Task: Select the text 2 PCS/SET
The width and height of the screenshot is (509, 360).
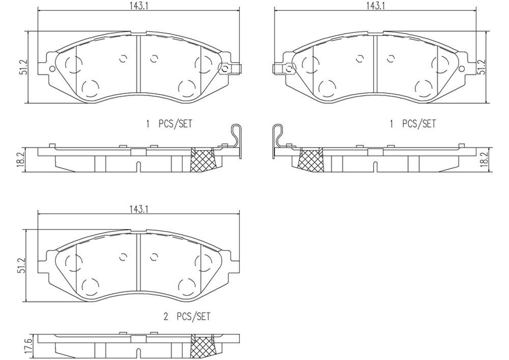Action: point(186,317)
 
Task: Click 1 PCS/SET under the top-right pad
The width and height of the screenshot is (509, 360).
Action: point(413,124)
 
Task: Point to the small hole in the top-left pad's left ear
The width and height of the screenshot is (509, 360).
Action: point(51,69)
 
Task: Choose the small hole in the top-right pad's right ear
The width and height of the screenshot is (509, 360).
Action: point(462,69)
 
